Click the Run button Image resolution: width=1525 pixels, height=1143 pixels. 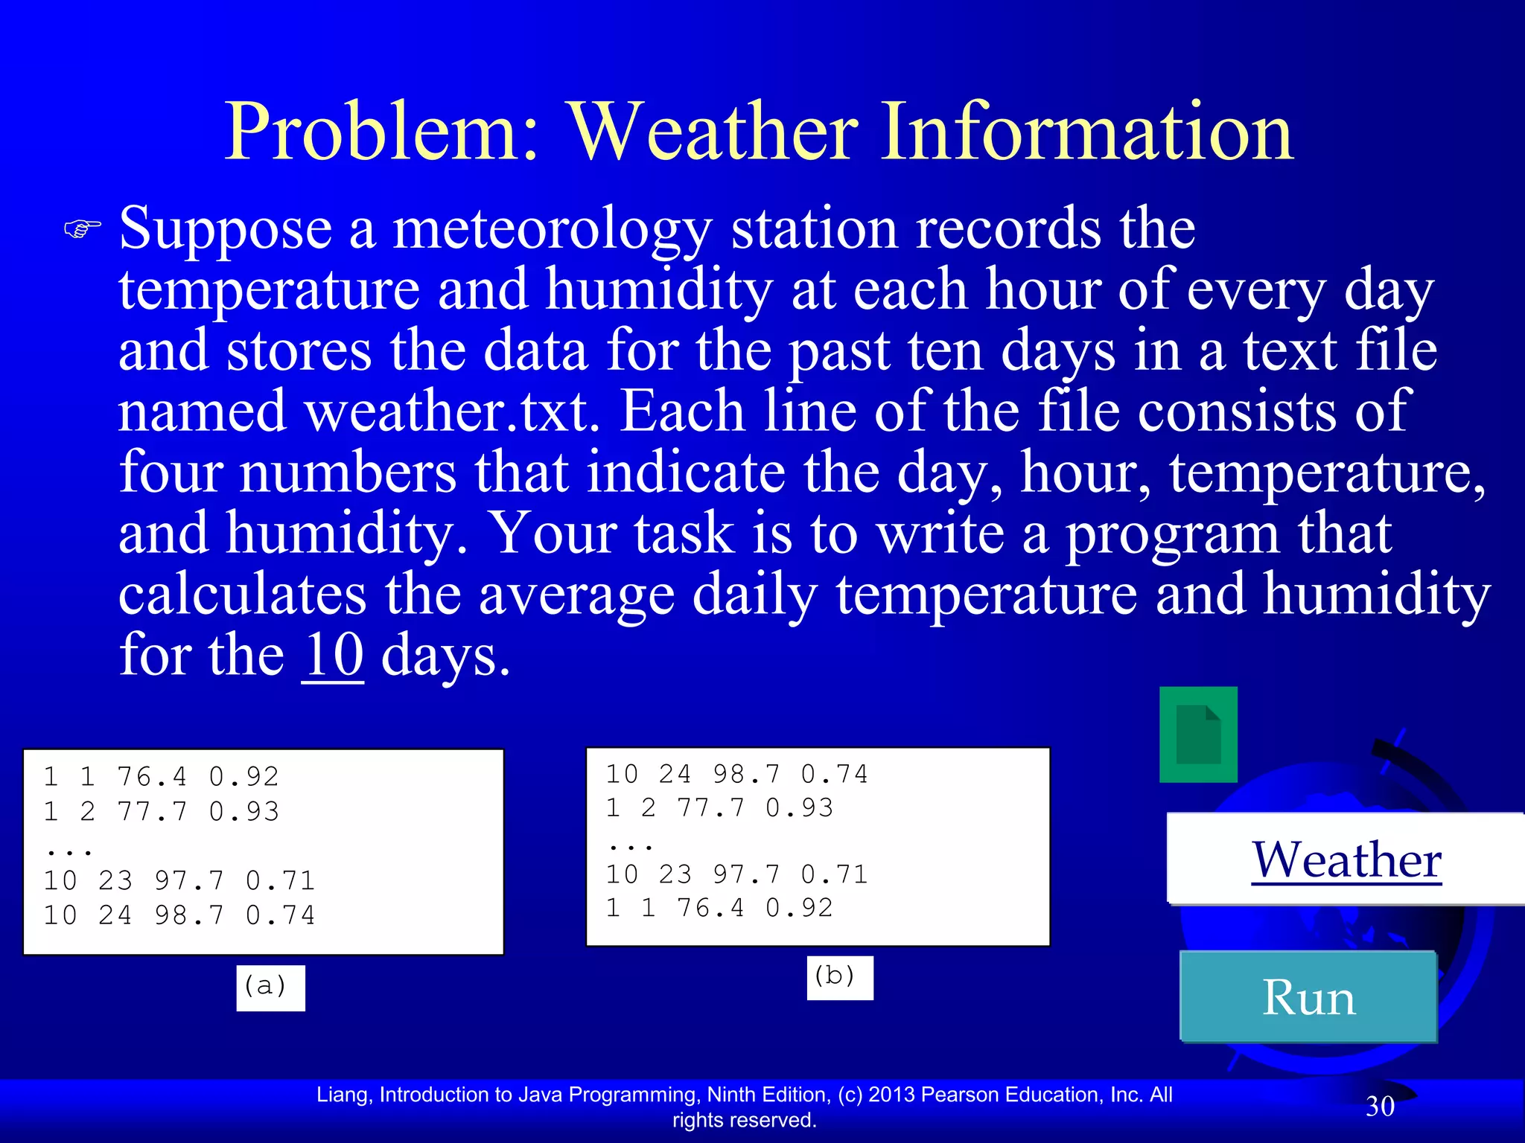pos(1308,996)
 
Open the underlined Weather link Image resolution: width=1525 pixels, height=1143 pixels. pos(1346,859)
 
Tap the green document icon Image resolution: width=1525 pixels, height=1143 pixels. pos(1198,734)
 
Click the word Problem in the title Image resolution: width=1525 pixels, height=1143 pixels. pos(381,132)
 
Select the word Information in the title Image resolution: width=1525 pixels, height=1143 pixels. pos(1086,132)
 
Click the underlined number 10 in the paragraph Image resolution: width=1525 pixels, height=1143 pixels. pos(333,656)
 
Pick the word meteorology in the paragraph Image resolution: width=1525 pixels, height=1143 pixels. pos(552,229)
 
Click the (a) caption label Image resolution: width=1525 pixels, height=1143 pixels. pos(270,987)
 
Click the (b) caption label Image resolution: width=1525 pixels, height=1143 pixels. pos(839,977)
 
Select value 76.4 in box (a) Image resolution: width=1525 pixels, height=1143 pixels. pos(152,777)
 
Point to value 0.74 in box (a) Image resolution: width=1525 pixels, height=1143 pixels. pos(280,915)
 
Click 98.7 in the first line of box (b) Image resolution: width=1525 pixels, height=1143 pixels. pos(746,775)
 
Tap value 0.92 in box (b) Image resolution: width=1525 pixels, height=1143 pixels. pos(799,908)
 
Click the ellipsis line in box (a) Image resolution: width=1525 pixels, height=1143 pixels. pos(69,847)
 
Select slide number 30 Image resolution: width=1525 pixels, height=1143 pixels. pos(1379,1107)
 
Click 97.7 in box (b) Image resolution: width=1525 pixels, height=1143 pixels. pos(746,874)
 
